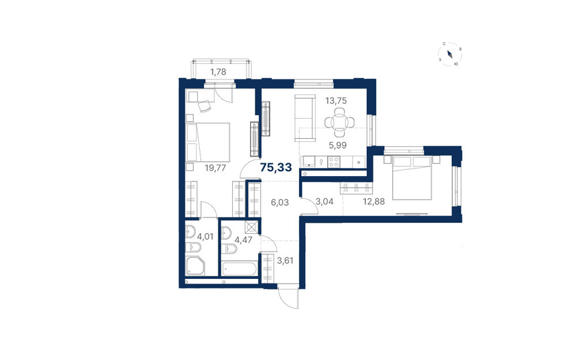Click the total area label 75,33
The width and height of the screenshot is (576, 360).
point(276,168)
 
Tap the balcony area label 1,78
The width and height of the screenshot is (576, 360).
point(218,72)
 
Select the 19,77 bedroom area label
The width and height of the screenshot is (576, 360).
point(215,168)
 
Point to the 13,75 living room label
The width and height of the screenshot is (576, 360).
point(336,101)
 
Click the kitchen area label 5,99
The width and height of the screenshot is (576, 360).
point(338,145)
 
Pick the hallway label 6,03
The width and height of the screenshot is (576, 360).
point(280,202)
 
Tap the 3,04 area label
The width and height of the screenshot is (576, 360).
point(325,201)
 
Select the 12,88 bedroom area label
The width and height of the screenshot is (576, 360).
point(374,201)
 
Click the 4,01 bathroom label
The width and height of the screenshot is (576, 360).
point(206,236)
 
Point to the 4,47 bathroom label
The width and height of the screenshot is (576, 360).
point(243,241)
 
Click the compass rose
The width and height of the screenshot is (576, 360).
point(450,54)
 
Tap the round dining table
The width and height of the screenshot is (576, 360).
point(340,122)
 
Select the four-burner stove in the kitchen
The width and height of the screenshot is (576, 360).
point(334,162)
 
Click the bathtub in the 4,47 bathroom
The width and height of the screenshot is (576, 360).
point(240,268)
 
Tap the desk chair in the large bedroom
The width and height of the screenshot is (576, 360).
point(205,106)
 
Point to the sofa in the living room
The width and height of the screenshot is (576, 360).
point(305,118)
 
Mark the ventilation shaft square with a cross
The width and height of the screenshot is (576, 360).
point(252,227)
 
